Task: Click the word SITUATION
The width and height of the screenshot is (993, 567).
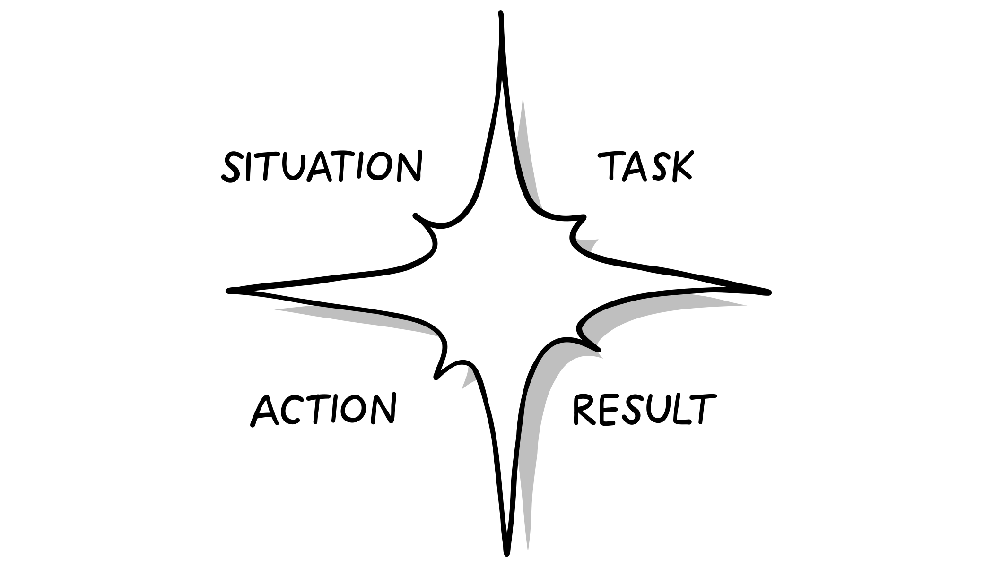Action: pos(322,166)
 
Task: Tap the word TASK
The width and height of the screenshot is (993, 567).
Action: pos(645,166)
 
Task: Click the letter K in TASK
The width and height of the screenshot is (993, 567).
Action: pos(680,166)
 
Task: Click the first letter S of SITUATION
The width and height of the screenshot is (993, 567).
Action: pos(232,167)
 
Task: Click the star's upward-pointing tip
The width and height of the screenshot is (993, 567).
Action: pos(500,15)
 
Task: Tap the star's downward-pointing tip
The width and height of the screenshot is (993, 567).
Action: pos(506,552)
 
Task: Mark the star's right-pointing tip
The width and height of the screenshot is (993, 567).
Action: pos(768,292)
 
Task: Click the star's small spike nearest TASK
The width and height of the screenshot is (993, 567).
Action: pos(584,218)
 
